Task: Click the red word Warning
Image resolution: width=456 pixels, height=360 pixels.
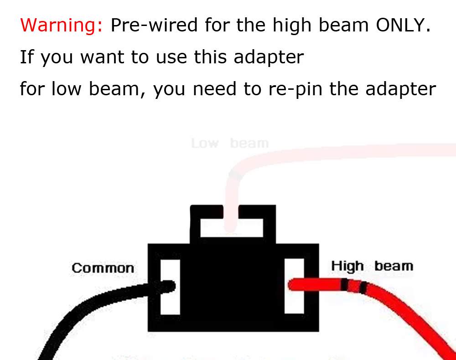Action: pyautogui.click(x=62, y=25)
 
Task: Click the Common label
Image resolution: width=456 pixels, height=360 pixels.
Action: pyautogui.click(x=103, y=268)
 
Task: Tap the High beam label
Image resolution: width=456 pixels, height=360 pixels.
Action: pyautogui.click(x=372, y=266)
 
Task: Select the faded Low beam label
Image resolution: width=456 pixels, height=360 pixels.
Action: pyautogui.click(x=230, y=144)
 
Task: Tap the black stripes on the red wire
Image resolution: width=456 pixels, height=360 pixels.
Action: pyautogui.click(x=355, y=287)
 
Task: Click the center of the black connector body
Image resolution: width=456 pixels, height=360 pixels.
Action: pyautogui.click(x=233, y=287)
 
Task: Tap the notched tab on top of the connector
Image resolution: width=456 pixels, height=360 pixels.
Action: pyautogui.click(x=233, y=223)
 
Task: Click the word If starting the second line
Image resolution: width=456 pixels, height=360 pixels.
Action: pyautogui.click(x=26, y=57)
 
